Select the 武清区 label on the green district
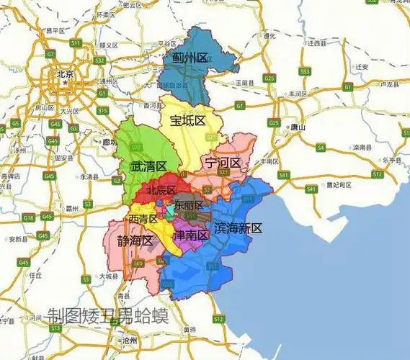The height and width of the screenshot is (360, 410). click(x=148, y=166)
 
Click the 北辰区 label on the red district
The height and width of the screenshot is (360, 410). click(x=161, y=191)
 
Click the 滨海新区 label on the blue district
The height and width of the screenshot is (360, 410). click(x=238, y=228)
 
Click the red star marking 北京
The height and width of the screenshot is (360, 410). click(x=65, y=82)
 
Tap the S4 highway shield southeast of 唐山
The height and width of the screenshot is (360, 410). click(x=321, y=148)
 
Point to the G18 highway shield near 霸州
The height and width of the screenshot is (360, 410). click(x=28, y=217)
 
